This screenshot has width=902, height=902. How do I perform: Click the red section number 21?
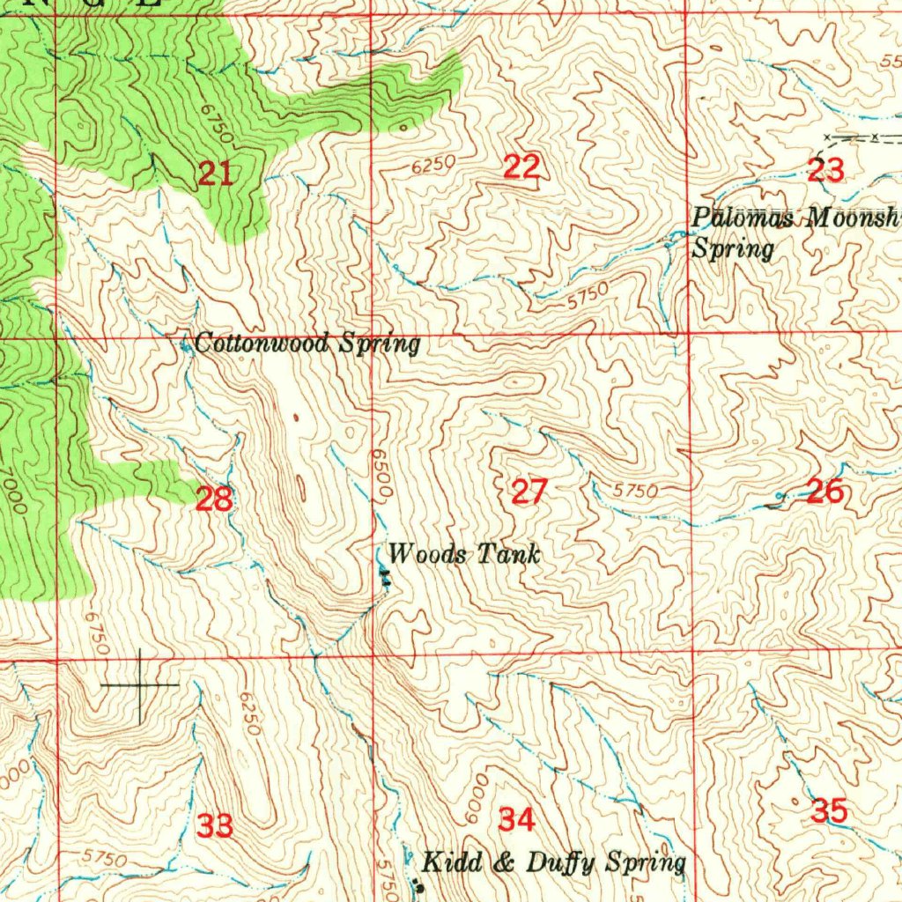point(214,174)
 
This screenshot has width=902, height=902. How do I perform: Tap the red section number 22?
point(521,166)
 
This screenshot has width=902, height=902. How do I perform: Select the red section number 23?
point(825,168)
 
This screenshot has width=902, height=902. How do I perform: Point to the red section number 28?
point(214,499)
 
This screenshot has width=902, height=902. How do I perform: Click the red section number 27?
point(529,492)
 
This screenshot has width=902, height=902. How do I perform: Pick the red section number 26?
point(825,492)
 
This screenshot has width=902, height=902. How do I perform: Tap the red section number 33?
point(215,826)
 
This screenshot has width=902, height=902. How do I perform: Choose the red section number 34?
point(516,820)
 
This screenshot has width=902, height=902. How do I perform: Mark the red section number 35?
point(829,810)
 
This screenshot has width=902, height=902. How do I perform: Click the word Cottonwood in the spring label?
point(252,343)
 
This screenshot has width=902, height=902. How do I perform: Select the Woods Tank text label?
point(463,554)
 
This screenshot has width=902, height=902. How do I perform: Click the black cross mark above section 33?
point(140,684)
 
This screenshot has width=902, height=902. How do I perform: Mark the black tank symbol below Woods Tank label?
point(384,577)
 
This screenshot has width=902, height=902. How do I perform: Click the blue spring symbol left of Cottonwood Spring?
point(185,346)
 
